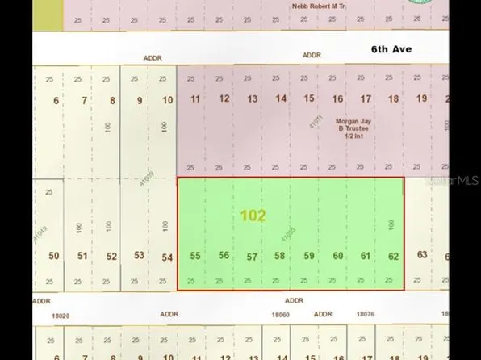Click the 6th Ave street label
(x=391, y=49)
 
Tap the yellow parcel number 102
(x=253, y=216)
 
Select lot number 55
(x=195, y=256)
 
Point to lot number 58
(x=279, y=256)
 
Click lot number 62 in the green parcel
(x=393, y=256)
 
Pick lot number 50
(x=54, y=256)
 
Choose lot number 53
(x=140, y=256)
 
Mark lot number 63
(x=421, y=255)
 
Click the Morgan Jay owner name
(x=351, y=121)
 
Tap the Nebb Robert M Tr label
(x=318, y=6)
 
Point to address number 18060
(x=280, y=314)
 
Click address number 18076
(x=365, y=314)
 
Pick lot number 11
(x=196, y=99)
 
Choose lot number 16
(x=337, y=99)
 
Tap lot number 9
(x=140, y=100)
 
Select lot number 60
(x=337, y=256)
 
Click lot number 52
(x=111, y=257)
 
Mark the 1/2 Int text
(x=352, y=136)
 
